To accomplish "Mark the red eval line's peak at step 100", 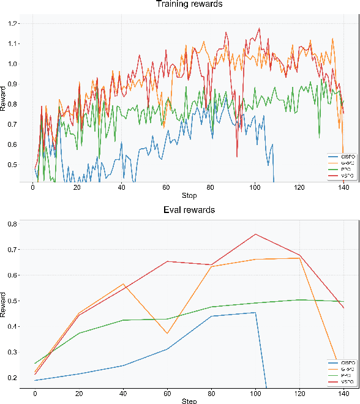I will [255, 234].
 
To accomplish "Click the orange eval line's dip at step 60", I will [167, 333].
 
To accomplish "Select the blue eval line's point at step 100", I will [255, 313].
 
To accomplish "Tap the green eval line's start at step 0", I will [36, 363].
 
